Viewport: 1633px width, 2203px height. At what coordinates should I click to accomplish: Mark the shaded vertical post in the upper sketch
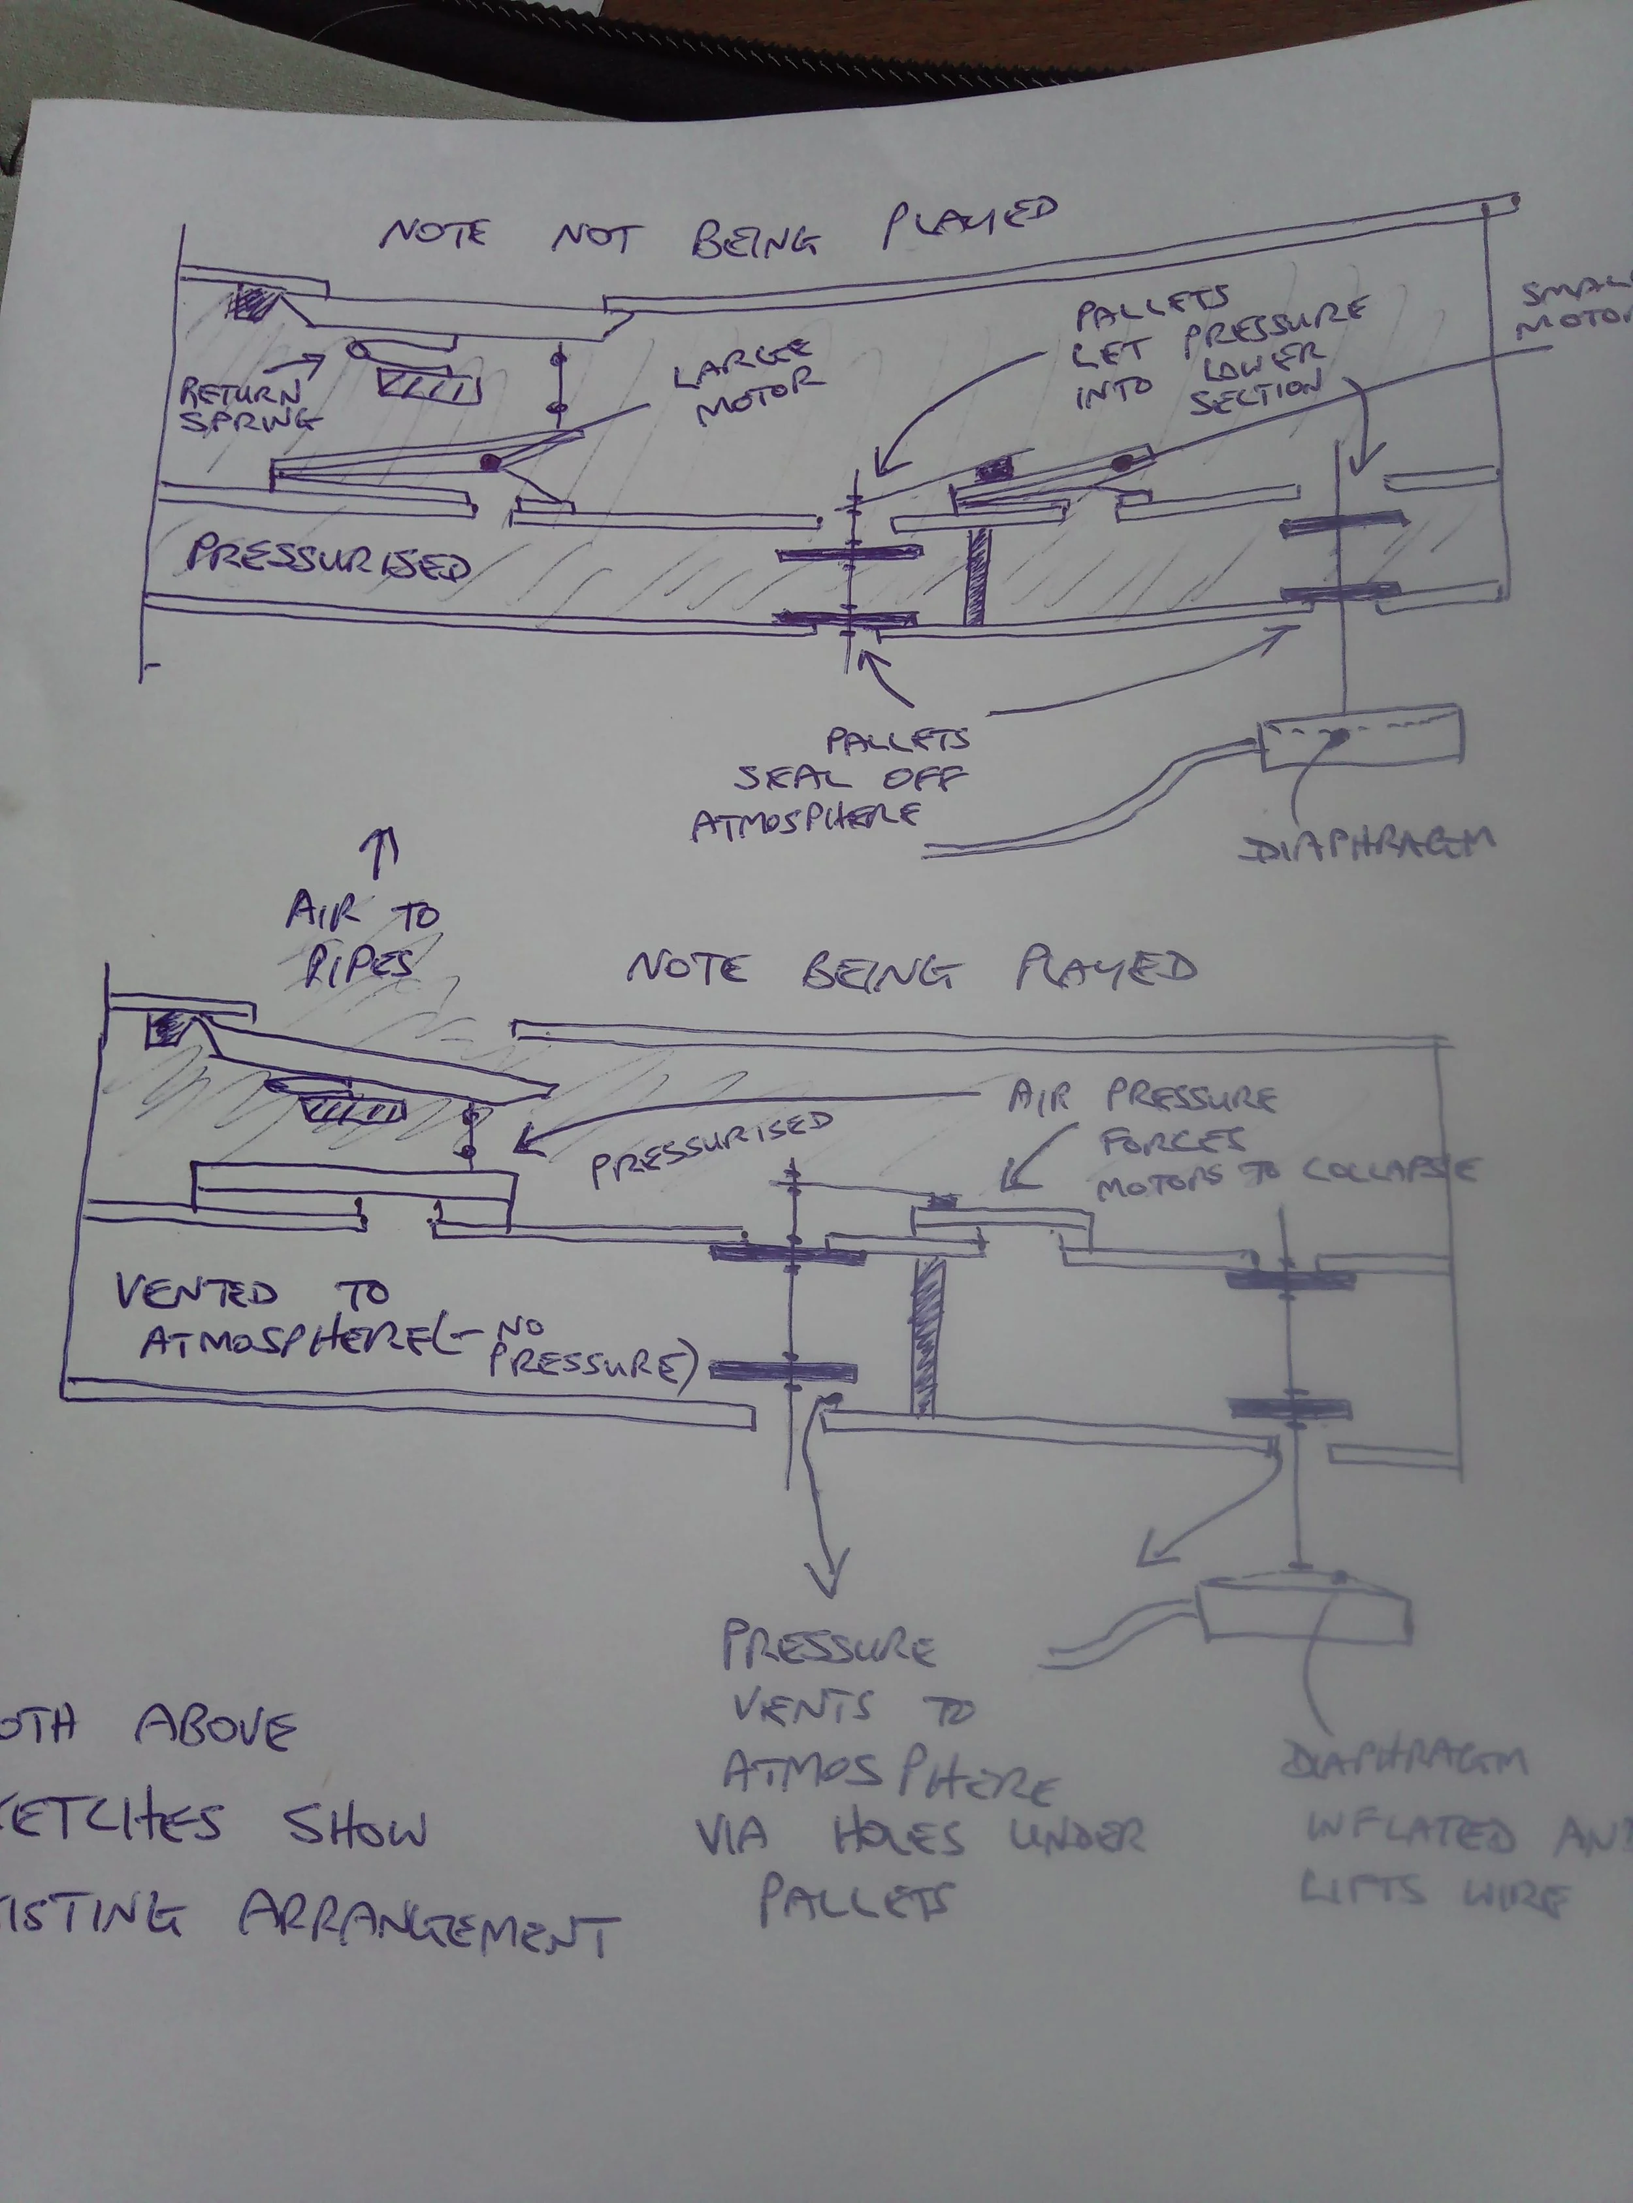pos(977,576)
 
